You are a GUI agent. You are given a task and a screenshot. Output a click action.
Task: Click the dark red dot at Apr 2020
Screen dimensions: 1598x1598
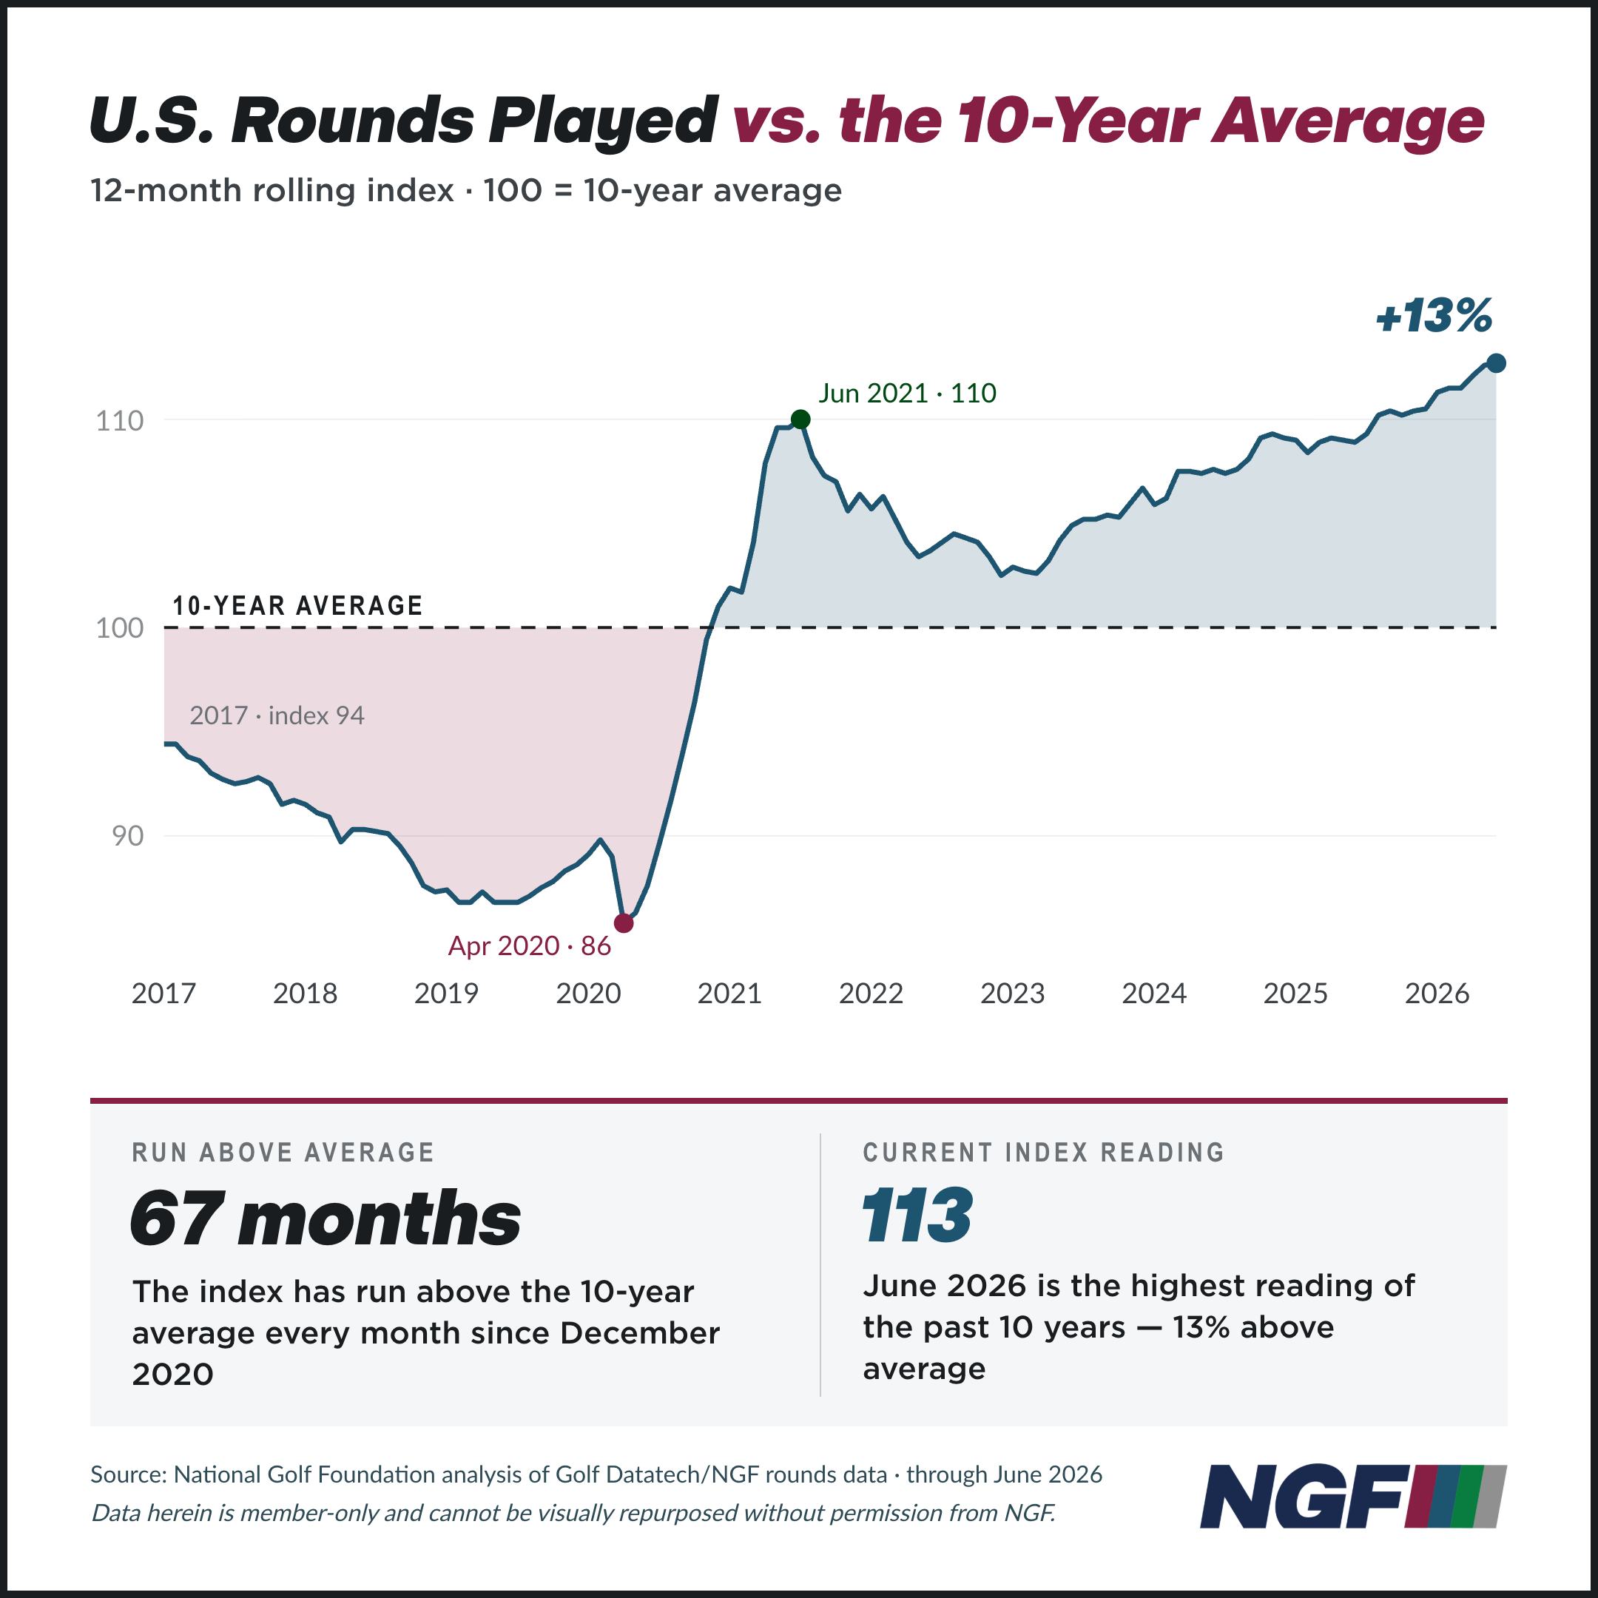pos(624,923)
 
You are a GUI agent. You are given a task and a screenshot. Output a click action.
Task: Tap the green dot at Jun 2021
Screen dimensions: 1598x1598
pos(800,419)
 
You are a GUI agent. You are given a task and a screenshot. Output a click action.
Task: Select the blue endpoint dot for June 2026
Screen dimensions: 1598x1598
pos(1496,363)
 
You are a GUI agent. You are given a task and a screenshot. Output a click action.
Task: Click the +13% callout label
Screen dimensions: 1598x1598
pos(1434,316)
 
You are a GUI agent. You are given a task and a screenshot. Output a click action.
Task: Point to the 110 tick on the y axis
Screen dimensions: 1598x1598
pos(120,420)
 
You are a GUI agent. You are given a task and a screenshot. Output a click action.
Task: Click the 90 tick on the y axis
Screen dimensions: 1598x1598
pos(127,836)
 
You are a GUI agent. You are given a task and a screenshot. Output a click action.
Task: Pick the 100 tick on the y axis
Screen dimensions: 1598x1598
pos(120,628)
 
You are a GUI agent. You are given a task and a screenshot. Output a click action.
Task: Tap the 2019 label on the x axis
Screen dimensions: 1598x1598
pos(447,993)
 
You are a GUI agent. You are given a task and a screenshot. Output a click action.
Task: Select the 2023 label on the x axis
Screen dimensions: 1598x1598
pos(1012,993)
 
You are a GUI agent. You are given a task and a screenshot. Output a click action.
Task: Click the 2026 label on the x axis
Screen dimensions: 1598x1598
pos(1437,993)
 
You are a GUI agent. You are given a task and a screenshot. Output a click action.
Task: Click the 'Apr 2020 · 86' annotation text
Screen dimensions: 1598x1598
pos(530,945)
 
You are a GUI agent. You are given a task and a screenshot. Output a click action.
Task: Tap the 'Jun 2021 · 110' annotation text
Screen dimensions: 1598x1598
pos(907,393)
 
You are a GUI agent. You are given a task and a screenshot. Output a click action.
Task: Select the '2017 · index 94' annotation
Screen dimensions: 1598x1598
pos(277,715)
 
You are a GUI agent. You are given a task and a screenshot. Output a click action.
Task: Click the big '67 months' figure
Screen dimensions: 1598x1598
pos(326,1218)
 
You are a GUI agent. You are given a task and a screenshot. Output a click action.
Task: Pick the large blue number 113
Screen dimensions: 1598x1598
pos(917,1214)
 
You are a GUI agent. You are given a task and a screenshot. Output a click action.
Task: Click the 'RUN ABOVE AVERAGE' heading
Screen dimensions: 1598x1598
pos(283,1152)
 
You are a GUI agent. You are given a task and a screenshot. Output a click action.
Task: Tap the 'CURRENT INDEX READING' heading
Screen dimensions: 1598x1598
pos(1044,1152)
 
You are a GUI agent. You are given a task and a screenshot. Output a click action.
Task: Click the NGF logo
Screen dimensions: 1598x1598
pos(1353,1495)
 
